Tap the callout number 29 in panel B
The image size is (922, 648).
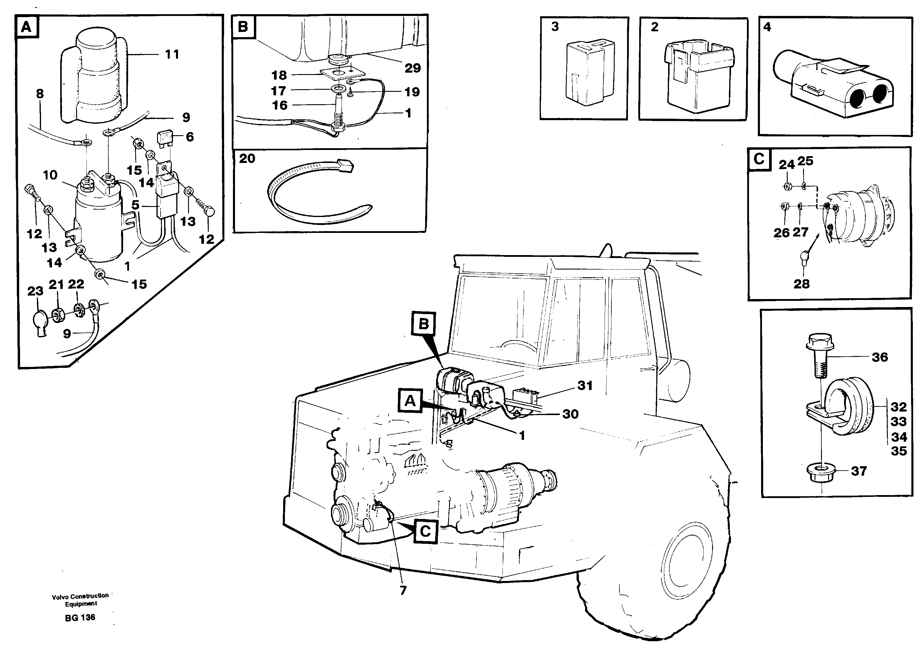click(x=412, y=68)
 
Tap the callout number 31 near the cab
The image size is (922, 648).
click(x=585, y=386)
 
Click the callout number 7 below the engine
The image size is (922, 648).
click(x=403, y=590)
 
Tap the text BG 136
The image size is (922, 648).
click(x=80, y=618)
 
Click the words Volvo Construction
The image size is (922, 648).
click(x=80, y=596)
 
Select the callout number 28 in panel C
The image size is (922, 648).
click(x=801, y=284)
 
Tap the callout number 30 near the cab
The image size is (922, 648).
click(x=570, y=414)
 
